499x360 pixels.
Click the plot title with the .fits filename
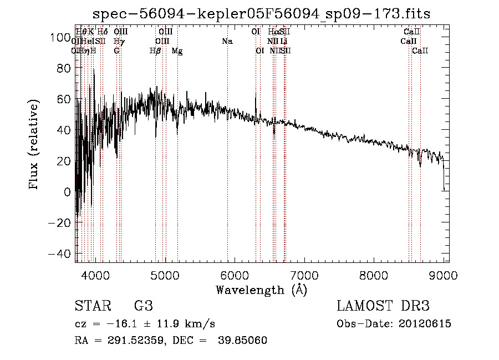click(261, 13)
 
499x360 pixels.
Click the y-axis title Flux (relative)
click(35, 145)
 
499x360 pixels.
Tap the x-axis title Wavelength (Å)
click(261, 290)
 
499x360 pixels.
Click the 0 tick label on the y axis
click(68, 192)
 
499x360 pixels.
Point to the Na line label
click(227, 41)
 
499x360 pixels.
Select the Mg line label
click(177, 50)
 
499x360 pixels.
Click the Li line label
click(283, 41)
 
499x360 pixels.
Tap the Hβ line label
click(155, 50)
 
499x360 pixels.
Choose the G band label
click(116, 50)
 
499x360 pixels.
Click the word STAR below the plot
click(91, 306)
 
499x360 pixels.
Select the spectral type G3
click(143, 306)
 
